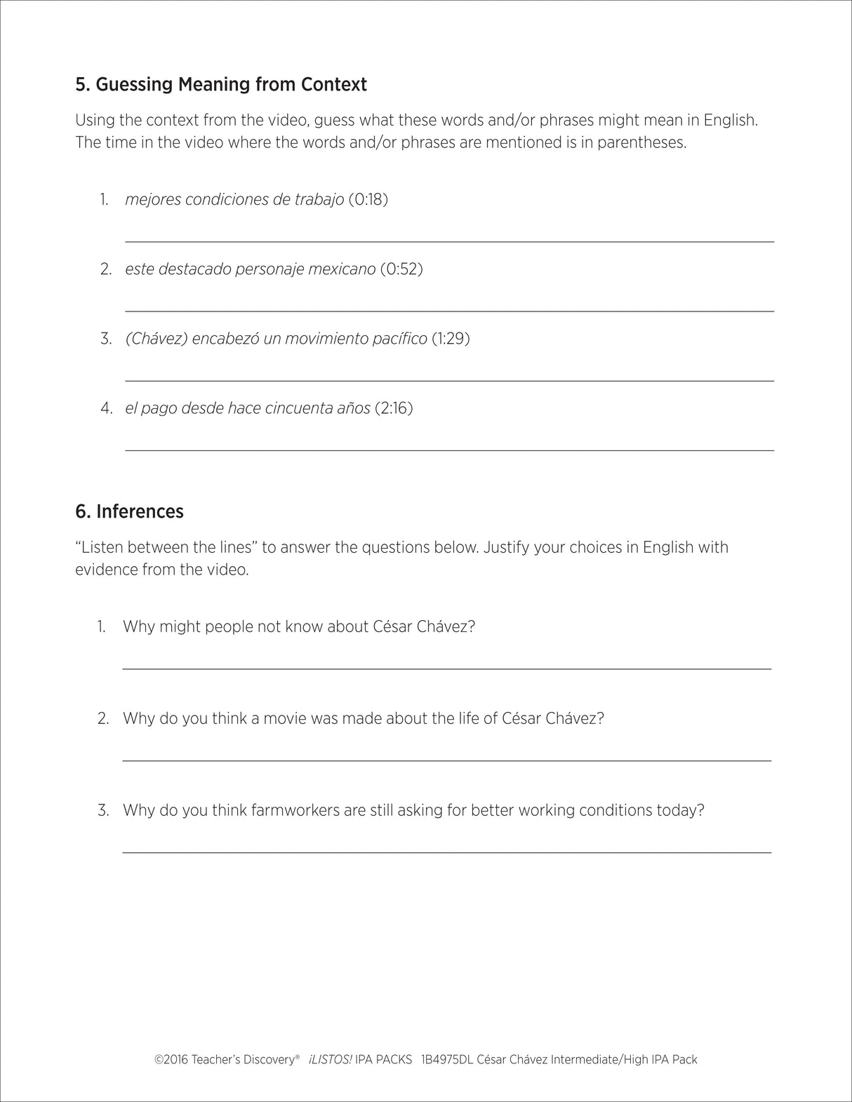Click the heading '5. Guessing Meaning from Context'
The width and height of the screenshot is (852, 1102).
[220, 85]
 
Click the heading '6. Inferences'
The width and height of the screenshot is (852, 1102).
[129, 511]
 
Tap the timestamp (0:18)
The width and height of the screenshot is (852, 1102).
[368, 199]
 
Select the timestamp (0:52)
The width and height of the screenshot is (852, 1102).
[401, 269]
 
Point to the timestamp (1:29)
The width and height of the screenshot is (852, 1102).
[451, 338]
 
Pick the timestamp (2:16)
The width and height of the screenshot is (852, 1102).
[394, 408]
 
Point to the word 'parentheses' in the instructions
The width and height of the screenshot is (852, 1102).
[644, 142]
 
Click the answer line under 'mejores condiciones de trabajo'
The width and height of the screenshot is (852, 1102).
[449, 241]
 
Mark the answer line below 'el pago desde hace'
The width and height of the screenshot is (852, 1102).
[449, 449]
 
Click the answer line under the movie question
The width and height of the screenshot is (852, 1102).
[446, 760]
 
